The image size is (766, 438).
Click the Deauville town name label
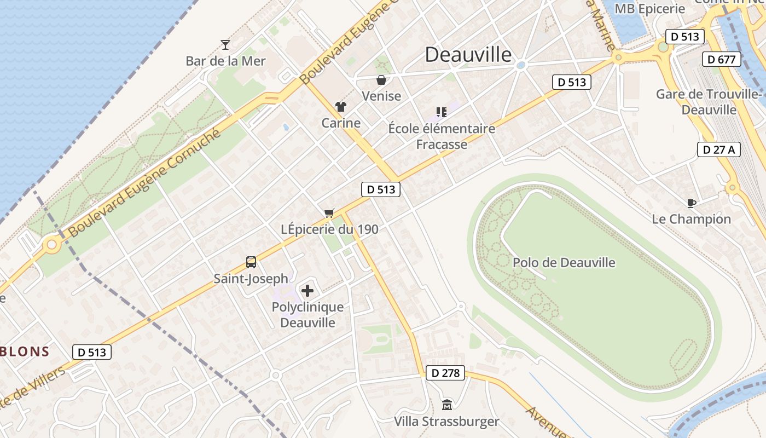click(468, 55)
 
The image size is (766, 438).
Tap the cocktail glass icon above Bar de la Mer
click(225, 44)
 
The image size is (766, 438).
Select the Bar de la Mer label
click(225, 61)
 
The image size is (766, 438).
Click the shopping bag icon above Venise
click(381, 80)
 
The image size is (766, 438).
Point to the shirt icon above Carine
click(341, 107)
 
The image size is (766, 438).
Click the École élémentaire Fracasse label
click(442, 136)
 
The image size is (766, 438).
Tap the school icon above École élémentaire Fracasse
click(442, 112)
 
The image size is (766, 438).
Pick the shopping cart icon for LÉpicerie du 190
click(329, 213)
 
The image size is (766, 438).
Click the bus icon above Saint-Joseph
click(251, 262)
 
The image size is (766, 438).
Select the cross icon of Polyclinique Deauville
click(307, 291)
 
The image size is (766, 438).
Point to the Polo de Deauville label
click(564, 263)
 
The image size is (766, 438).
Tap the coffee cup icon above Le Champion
click(692, 203)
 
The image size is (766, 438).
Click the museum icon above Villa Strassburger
click(447, 405)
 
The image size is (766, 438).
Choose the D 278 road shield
click(445, 373)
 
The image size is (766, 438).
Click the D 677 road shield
click(721, 59)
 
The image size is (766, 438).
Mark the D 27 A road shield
click(718, 149)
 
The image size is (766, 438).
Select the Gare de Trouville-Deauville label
click(710, 102)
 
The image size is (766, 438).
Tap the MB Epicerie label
click(650, 9)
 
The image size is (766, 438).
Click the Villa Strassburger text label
click(447, 422)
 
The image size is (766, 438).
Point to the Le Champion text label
click(691, 219)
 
